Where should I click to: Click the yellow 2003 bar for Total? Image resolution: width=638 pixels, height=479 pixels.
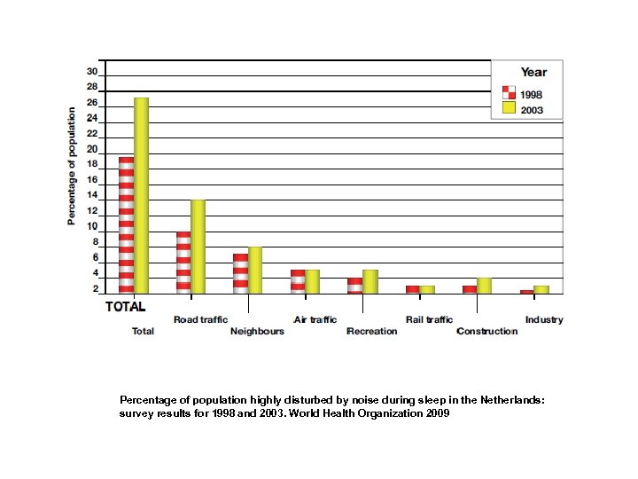(x=141, y=195)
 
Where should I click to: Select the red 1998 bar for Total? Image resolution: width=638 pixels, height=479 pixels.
(x=126, y=225)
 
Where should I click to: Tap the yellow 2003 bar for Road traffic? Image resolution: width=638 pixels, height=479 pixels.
(x=198, y=247)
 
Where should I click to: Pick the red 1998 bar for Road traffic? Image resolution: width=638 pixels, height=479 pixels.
(x=183, y=263)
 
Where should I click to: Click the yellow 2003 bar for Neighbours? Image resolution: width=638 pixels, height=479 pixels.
(x=255, y=270)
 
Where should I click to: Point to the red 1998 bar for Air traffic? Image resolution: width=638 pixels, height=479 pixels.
(x=298, y=281)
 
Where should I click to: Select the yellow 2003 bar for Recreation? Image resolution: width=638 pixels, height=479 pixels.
(x=370, y=281)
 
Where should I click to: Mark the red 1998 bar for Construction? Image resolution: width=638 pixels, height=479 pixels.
(x=470, y=289)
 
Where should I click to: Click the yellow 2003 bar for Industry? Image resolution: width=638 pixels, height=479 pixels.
(x=541, y=289)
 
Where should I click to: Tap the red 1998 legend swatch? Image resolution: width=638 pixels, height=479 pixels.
(x=509, y=92)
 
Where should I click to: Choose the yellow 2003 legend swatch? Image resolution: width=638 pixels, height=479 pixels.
(x=509, y=108)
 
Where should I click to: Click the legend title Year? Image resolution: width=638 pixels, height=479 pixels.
(x=533, y=73)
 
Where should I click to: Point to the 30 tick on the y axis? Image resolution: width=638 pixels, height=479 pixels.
(x=92, y=72)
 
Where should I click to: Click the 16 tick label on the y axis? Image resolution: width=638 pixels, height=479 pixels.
(x=92, y=180)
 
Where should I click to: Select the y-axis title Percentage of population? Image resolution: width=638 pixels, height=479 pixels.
(x=72, y=166)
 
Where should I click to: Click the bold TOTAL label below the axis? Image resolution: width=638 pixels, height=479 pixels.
(x=126, y=306)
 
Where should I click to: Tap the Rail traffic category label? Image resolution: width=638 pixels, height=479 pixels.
(x=429, y=319)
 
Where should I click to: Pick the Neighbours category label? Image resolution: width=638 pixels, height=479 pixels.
(x=257, y=332)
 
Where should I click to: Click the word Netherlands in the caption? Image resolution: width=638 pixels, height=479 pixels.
(x=515, y=400)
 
